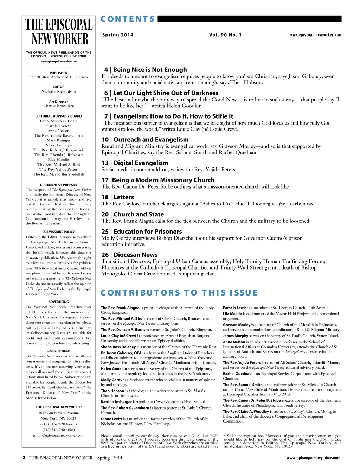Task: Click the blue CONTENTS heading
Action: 128,19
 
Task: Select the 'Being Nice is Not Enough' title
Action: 150,70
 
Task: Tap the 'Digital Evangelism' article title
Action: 141,163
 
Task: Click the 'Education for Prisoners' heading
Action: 148,232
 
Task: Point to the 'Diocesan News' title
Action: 135,255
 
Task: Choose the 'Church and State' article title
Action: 139,214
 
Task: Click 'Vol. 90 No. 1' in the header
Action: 225,35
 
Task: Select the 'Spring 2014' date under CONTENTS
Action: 118,35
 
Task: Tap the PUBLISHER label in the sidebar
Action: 58,73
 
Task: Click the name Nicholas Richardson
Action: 58,91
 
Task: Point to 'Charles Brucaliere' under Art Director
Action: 58,106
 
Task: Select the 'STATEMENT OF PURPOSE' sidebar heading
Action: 58,185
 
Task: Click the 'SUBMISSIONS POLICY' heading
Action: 58,232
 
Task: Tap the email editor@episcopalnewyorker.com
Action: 58,435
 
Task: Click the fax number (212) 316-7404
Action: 58,430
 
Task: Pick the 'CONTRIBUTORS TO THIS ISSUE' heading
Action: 179,293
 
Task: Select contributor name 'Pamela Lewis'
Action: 234,308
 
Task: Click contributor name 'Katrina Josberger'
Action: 116,402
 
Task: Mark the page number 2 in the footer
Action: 24,458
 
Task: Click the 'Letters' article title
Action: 123,197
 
